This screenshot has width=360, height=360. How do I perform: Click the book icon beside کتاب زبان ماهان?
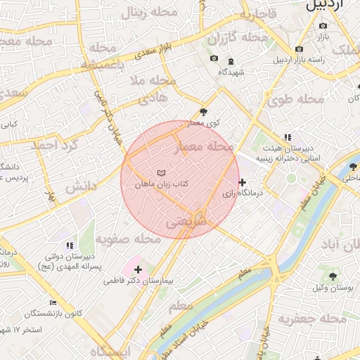[162, 173]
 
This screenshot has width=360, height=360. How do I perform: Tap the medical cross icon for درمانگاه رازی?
[243, 182]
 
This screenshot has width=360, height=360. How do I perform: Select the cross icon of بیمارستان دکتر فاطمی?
[138, 269]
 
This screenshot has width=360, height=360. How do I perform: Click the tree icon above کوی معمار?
[204, 112]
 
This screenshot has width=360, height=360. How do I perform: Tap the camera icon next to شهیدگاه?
[214, 58]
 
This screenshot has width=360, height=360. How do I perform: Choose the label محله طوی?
[296, 99]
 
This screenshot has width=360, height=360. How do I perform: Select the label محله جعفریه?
[312, 319]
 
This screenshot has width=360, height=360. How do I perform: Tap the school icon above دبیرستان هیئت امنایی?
[287, 137]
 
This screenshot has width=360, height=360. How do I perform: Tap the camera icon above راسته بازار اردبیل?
[300, 49]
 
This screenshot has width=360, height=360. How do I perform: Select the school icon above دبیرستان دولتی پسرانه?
[69, 245]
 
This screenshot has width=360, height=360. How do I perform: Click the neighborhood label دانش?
[81, 187]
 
